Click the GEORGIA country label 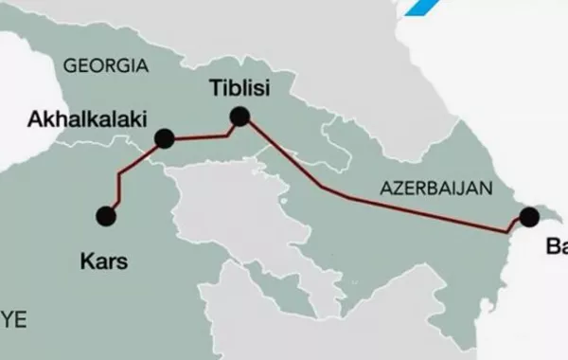coord(104,66)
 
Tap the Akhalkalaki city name coord(82,120)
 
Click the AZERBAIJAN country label coord(436,188)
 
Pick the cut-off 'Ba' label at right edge coord(557,247)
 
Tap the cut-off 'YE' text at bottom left coord(11,315)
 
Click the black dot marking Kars coord(106,216)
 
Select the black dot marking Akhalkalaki coord(165,138)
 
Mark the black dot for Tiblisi coord(240,117)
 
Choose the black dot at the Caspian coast coord(528,216)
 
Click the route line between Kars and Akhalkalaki coord(120,180)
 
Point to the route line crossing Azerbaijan coord(398,207)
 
